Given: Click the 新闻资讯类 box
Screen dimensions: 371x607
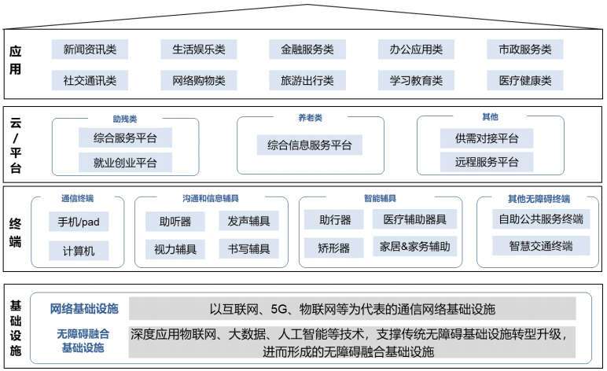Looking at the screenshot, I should [x=90, y=50].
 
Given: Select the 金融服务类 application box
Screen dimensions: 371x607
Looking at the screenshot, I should [x=307, y=50].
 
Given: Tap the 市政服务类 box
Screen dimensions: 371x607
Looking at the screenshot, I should [x=524, y=50].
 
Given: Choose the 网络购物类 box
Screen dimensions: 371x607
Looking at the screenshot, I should [x=198, y=80].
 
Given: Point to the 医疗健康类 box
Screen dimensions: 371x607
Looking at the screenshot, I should [x=524, y=80].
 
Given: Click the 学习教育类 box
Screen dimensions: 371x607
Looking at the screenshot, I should [x=416, y=80].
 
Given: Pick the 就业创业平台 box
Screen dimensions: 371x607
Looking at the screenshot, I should [x=124, y=163].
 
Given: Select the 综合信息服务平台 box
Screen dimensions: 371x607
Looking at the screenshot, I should [x=309, y=145].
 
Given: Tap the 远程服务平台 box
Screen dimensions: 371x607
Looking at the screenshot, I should [x=486, y=163].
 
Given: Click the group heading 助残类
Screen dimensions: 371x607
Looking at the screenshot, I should [x=124, y=119].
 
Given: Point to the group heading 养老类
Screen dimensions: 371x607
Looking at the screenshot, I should [x=310, y=118].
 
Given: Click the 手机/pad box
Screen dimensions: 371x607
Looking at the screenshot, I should [x=78, y=221].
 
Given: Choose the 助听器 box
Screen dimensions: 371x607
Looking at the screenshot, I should [x=175, y=221].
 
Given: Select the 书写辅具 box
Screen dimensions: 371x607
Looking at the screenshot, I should [x=248, y=250].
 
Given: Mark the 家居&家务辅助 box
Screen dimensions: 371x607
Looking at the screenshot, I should [x=414, y=247].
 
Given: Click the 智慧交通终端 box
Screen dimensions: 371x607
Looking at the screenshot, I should [x=540, y=246].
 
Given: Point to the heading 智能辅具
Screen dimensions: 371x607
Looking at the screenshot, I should [x=380, y=199].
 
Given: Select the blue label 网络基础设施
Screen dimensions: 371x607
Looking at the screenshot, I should [x=83, y=308].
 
